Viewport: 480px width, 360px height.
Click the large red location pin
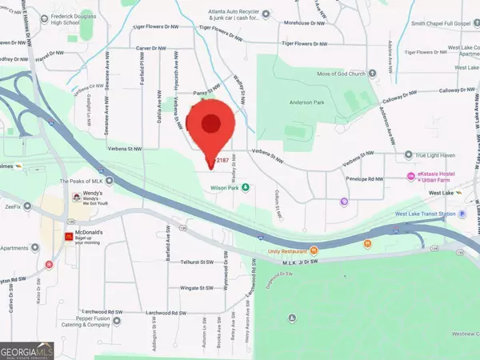pyautogui.click(x=210, y=128)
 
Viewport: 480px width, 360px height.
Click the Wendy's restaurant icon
pyautogui.click(x=76, y=197)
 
